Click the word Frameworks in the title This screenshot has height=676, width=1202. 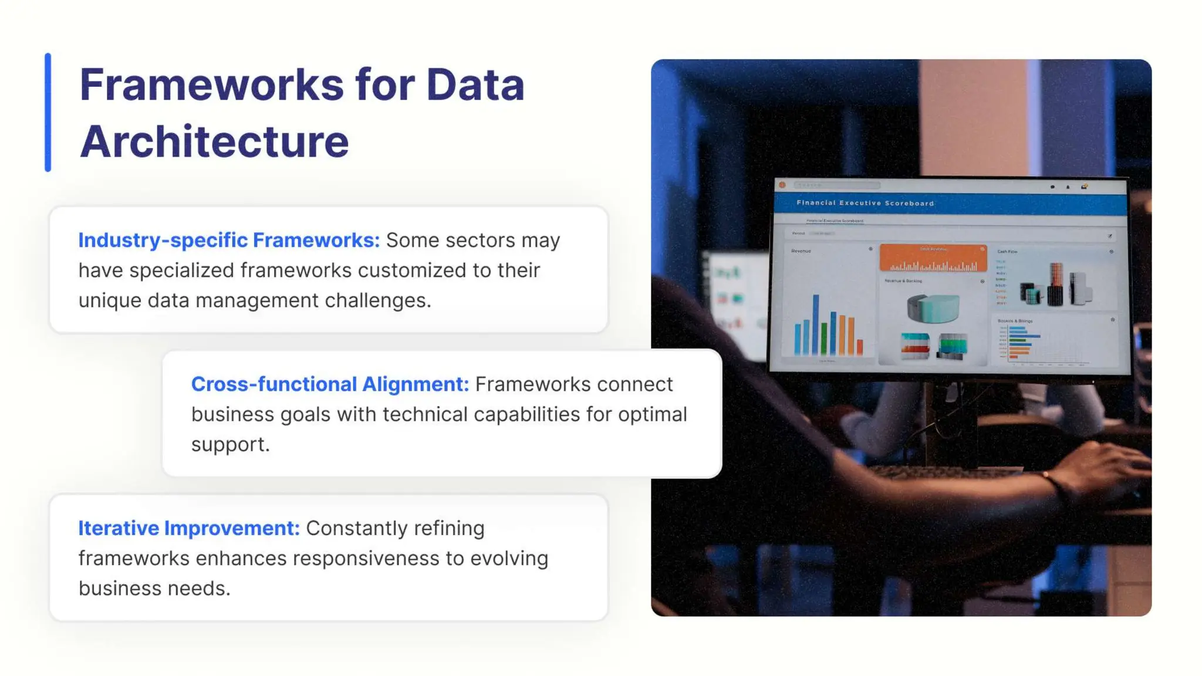[x=211, y=85]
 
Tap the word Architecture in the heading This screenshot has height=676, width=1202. [x=214, y=142]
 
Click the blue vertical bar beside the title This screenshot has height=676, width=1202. [x=48, y=113]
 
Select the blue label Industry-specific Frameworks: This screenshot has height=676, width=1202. [x=229, y=240]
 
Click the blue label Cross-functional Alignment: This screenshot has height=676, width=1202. [x=330, y=384]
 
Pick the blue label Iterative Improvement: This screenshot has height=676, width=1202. [x=189, y=528]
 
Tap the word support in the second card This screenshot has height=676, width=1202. [x=229, y=444]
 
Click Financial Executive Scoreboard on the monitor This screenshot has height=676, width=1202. [x=865, y=203]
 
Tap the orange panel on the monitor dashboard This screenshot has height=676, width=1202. [x=933, y=258]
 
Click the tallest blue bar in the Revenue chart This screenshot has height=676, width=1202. [x=815, y=324]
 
